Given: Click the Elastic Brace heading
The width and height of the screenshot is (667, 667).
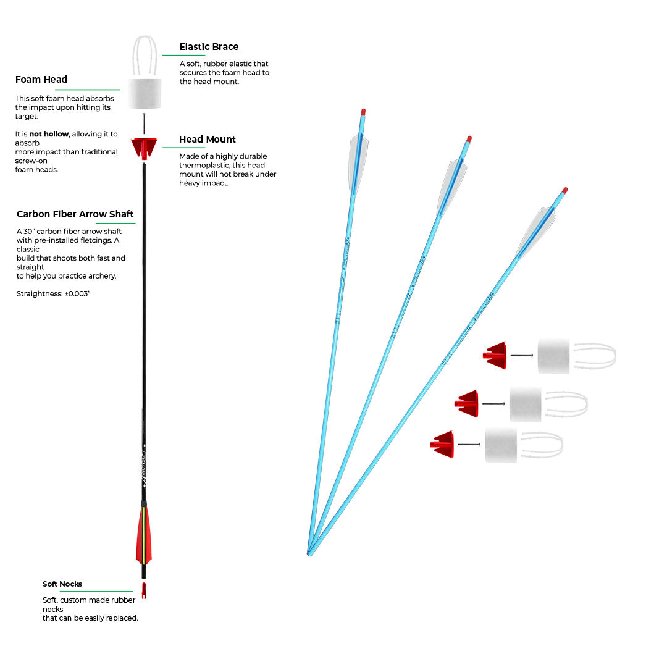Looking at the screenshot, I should pyautogui.click(x=209, y=47).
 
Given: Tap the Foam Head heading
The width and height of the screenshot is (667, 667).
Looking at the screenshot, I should pyautogui.click(x=41, y=80).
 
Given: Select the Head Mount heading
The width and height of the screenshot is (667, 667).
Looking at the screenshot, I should pyautogui.click(x=208, y=140).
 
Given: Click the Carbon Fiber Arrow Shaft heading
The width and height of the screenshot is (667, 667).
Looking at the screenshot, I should pyautogui.click(x=75, y=214).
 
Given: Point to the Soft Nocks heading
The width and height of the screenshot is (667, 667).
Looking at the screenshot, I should pyautogui.click(x=62, y=584).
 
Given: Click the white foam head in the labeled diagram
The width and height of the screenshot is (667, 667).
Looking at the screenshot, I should pyautogui.click(x=145, y=94).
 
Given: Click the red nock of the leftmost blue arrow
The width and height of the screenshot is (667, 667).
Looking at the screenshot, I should pyautogui.click(x=363, y=112).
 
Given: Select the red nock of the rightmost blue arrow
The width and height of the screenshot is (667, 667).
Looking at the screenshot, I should pyautogui.click(x=564, y=190).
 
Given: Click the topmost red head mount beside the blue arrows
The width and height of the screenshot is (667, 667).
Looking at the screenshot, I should pyautogui.click(x=496, y=355).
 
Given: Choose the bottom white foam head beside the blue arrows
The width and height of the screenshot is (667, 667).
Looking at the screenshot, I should pyautogui.click(x=501, y=445).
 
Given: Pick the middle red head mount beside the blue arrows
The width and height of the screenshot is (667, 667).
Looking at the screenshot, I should pyautogui.click(x=468, y=403).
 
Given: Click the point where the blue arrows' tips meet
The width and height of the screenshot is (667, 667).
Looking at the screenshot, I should pyautogui.click(x=309, y=553).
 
